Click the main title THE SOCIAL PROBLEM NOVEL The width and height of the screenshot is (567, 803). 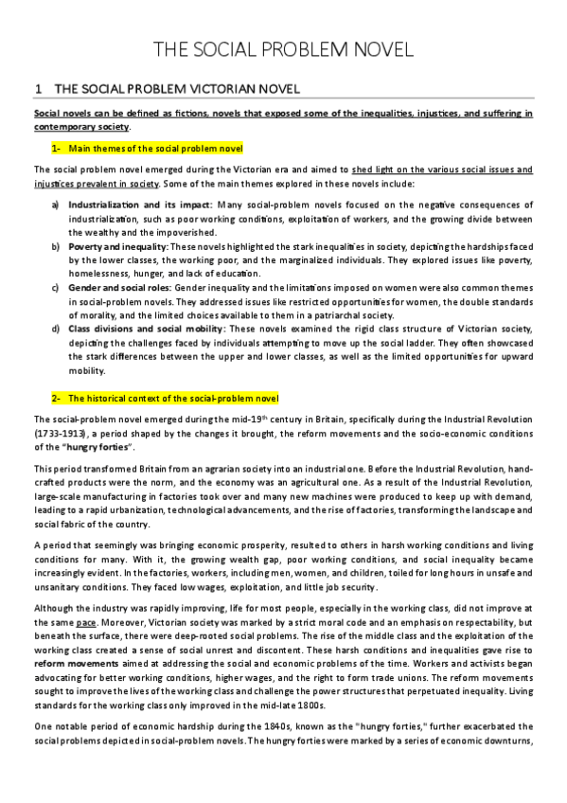point(283,51)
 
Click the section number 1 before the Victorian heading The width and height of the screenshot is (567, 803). point(37,89)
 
